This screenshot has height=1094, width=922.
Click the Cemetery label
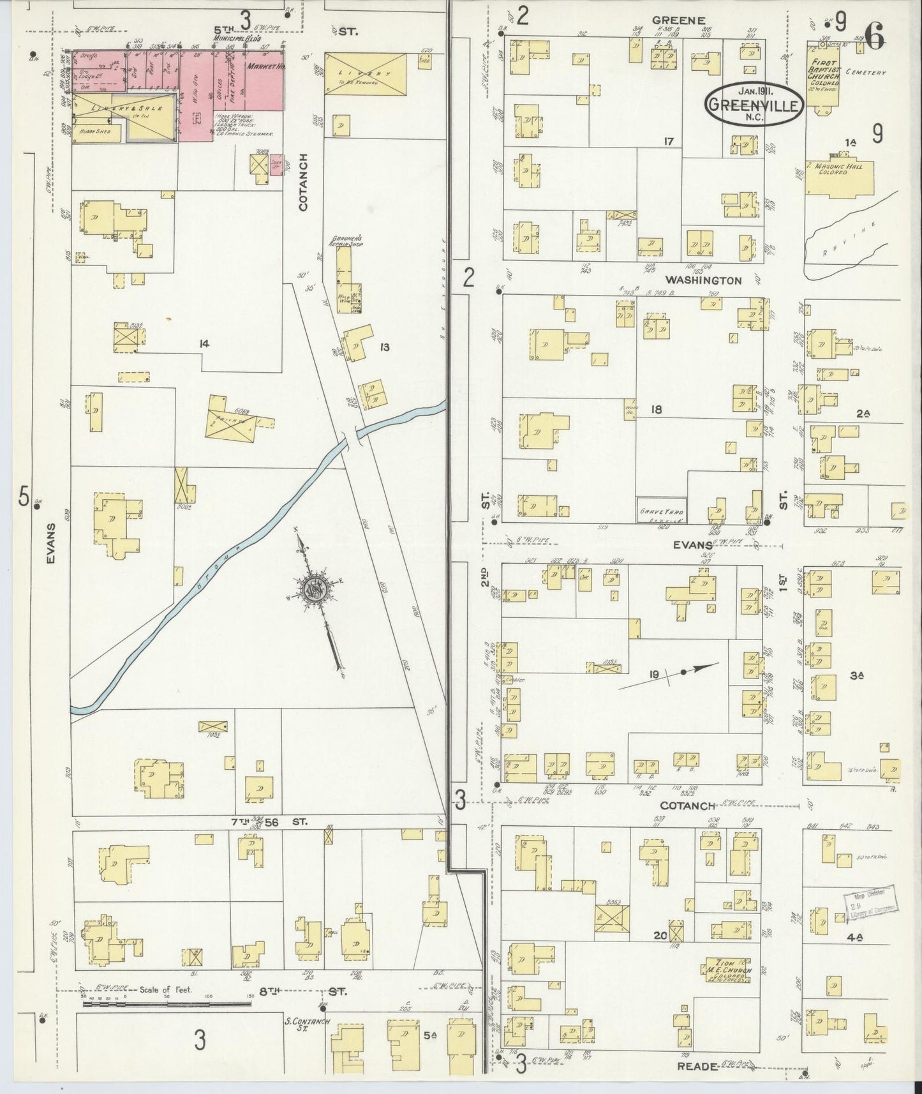pos(866,73)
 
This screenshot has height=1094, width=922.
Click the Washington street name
pos(703,280)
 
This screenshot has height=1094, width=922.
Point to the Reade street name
pos(697,1065)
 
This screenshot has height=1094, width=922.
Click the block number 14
pos(204,344)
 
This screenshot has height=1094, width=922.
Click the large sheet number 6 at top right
pos(875,39)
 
